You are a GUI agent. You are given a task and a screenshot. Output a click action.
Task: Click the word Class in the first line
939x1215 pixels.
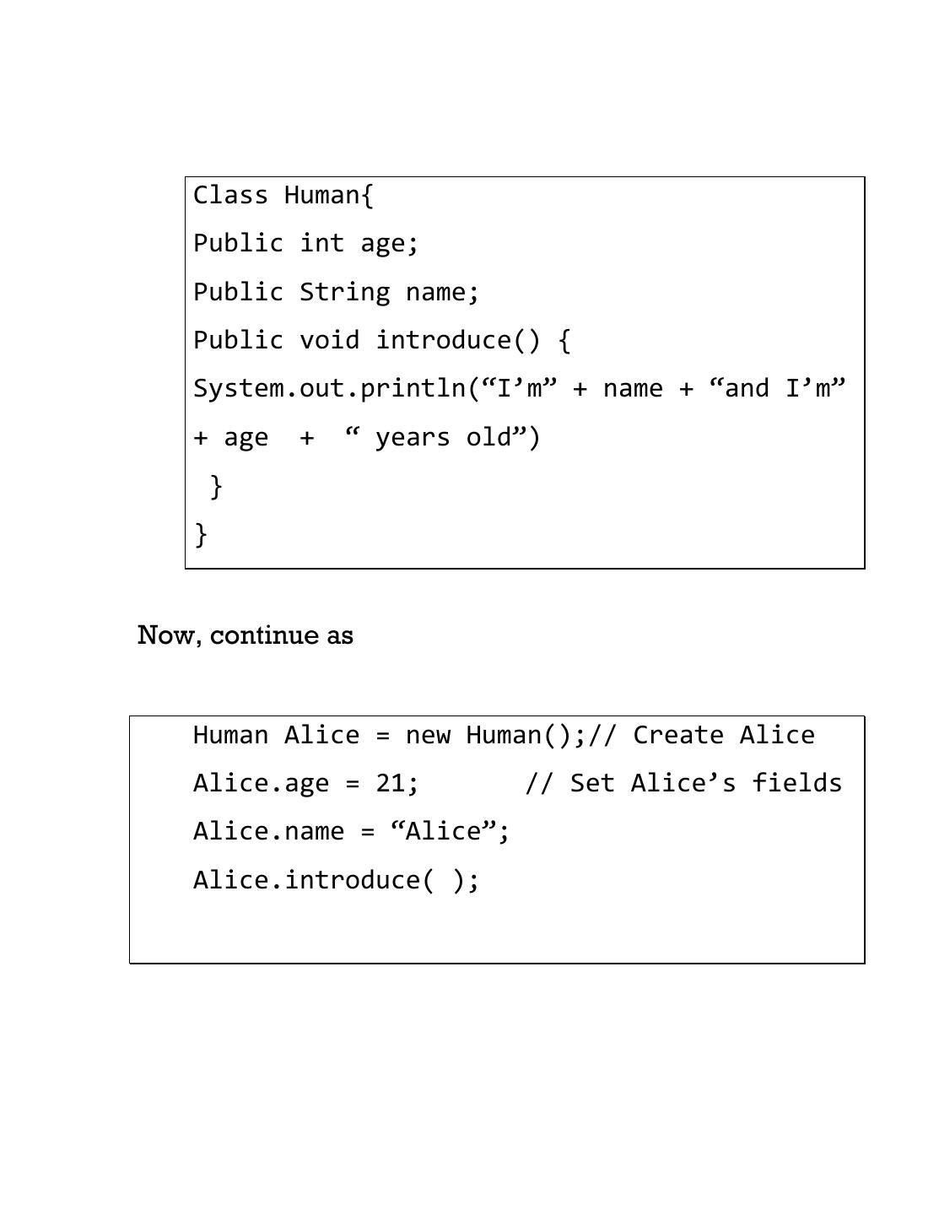[x=230, y=195]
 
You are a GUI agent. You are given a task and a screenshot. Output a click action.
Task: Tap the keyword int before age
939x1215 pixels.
[x=321, y=243]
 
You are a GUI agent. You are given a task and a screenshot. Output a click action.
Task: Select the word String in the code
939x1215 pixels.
[x=344, y=292]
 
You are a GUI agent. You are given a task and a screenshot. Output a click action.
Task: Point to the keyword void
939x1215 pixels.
[x=329, y=340]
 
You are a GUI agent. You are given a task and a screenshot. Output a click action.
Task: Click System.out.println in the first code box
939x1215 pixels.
[x=329, y=389]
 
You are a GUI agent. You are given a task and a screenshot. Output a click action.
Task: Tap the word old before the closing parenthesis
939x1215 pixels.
[x=488, y=437]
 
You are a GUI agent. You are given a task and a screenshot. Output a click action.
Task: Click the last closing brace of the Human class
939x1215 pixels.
[x=201, y=534]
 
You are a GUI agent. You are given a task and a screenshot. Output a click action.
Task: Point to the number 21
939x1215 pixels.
[x=391, y=783]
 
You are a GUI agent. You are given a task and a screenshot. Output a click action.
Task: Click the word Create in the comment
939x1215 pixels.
[x=678, y=735]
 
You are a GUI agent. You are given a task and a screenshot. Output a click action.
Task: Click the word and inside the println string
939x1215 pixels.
[x=747, y=389]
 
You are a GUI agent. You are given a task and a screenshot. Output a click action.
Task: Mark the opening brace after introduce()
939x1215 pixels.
[x=564, y=341]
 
